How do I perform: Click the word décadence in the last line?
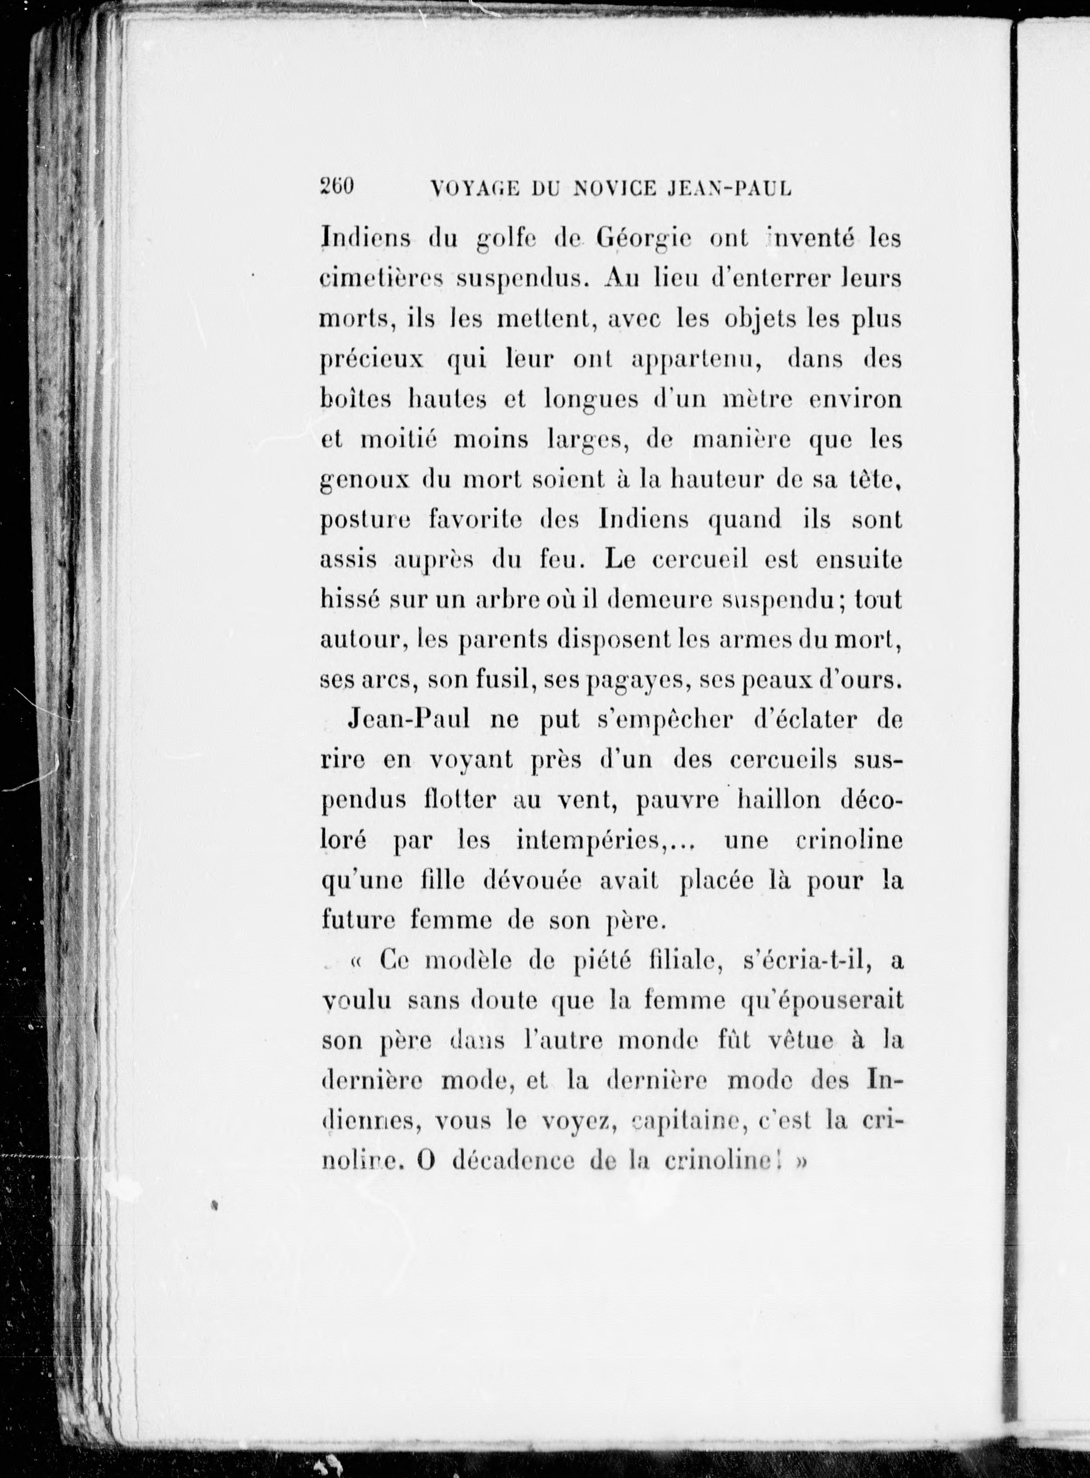pyautogui.click(x=514, y=1161)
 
